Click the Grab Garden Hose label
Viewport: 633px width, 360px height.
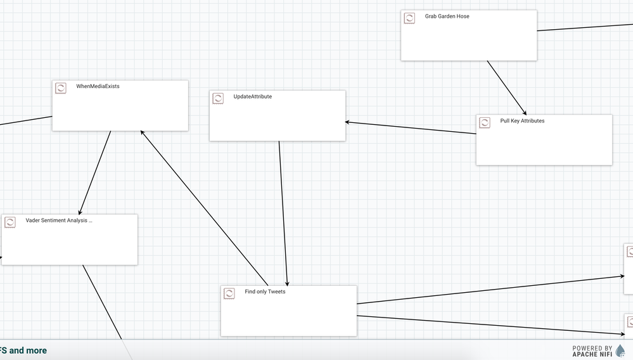tap(447, 16)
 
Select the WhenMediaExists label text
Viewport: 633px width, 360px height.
tap(98, 86)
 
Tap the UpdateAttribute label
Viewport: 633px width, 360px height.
tap(252, 97)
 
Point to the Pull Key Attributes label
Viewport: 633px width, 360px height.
tap(522, 121)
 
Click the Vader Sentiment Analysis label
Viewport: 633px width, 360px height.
tap(58, 221)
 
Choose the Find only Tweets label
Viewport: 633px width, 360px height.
tap(265, 292)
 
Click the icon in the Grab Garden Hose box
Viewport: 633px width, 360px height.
tap(410, 18)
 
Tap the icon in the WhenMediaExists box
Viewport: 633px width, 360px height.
tap(61, 88)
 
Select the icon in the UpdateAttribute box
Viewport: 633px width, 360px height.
tap(218, 98)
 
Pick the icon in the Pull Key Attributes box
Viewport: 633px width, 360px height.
tap(485, 122)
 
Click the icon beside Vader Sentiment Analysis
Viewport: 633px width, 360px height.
tap(10, 222)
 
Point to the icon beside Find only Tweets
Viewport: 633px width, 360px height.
tap(229, 293)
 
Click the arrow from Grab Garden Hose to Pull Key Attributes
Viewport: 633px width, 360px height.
tap(506, 87)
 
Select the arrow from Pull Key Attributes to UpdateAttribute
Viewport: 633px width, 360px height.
tap(411, 127)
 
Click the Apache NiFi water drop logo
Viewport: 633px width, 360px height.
tap(620, 350)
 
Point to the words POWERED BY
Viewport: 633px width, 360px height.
tap(592, 348)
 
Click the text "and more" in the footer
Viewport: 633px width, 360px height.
tap(28, 350)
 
